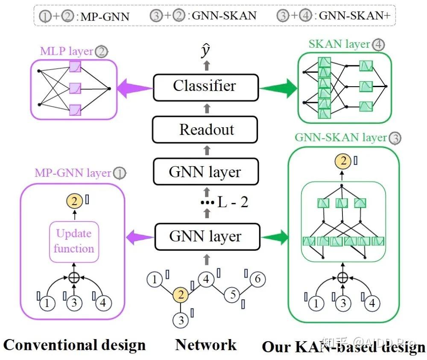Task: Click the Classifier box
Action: click(x=206, y=87)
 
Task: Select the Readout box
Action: click(x=206, y=130)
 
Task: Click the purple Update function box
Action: click(x=74, y=241)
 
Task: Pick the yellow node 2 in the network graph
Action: click(x=181, y=295)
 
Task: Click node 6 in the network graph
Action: click(x=257, y=279)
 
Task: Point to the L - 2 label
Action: click(x=233, y=202)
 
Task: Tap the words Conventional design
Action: click(x=74, y=345)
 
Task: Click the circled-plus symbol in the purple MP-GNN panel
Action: click(x=75, y=277)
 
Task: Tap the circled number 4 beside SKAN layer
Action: click(x=377, y=44)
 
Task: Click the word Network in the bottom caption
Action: click(x=206, y=345)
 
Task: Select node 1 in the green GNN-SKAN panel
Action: click(x=316, y=304)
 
